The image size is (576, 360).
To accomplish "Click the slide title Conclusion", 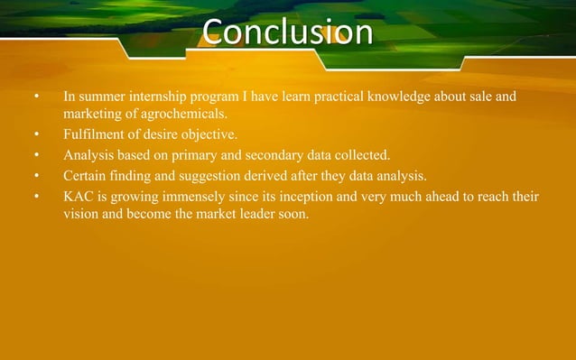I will click(287, 32).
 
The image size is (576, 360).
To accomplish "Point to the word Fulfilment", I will click(93, 135).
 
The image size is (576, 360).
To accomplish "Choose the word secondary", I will click(281, 155).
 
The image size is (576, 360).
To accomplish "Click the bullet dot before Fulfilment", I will click(37, 135).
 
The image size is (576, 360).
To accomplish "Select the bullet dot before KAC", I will click(37, 195).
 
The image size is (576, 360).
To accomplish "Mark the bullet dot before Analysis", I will click(37, 155).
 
